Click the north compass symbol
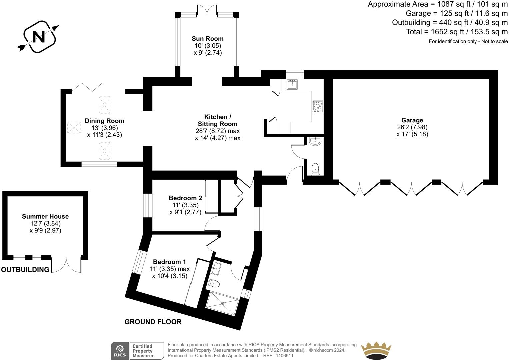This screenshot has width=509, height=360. pyautogui.click(x=38, y=36)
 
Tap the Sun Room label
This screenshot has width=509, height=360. pyautogui.click(x=207, y=39)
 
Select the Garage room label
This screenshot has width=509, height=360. pyautogui.click(x=412, y=120)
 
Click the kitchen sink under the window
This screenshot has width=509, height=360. pyautogui.click(x=292, y=84)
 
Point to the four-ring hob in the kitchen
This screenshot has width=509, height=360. pyautogui.click(x=317, y=106)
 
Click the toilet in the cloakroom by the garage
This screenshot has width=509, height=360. pyautogui.click(x=315, y=169)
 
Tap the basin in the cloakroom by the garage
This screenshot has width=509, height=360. pyautogui.click(x=315, y=142)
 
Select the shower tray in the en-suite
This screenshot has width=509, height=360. pyautogui.click(x=222, y=303)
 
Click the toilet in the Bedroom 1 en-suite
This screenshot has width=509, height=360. pyautogui.click(x=214, y=283)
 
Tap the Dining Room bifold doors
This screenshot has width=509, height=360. pyautogui.click(x=87, y=87)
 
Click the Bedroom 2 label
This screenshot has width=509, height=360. pyautogui.click(x=185, y=198)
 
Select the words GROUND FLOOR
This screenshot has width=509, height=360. pyautogui.click(x=153, y=322)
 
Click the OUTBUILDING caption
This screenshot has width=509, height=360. pyautogui.click(x=25, y=270)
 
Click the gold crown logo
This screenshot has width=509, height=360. pyautogui.click(x=376, y=351)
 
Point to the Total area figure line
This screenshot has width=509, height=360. pyautogui.click(x=457, y=32)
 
